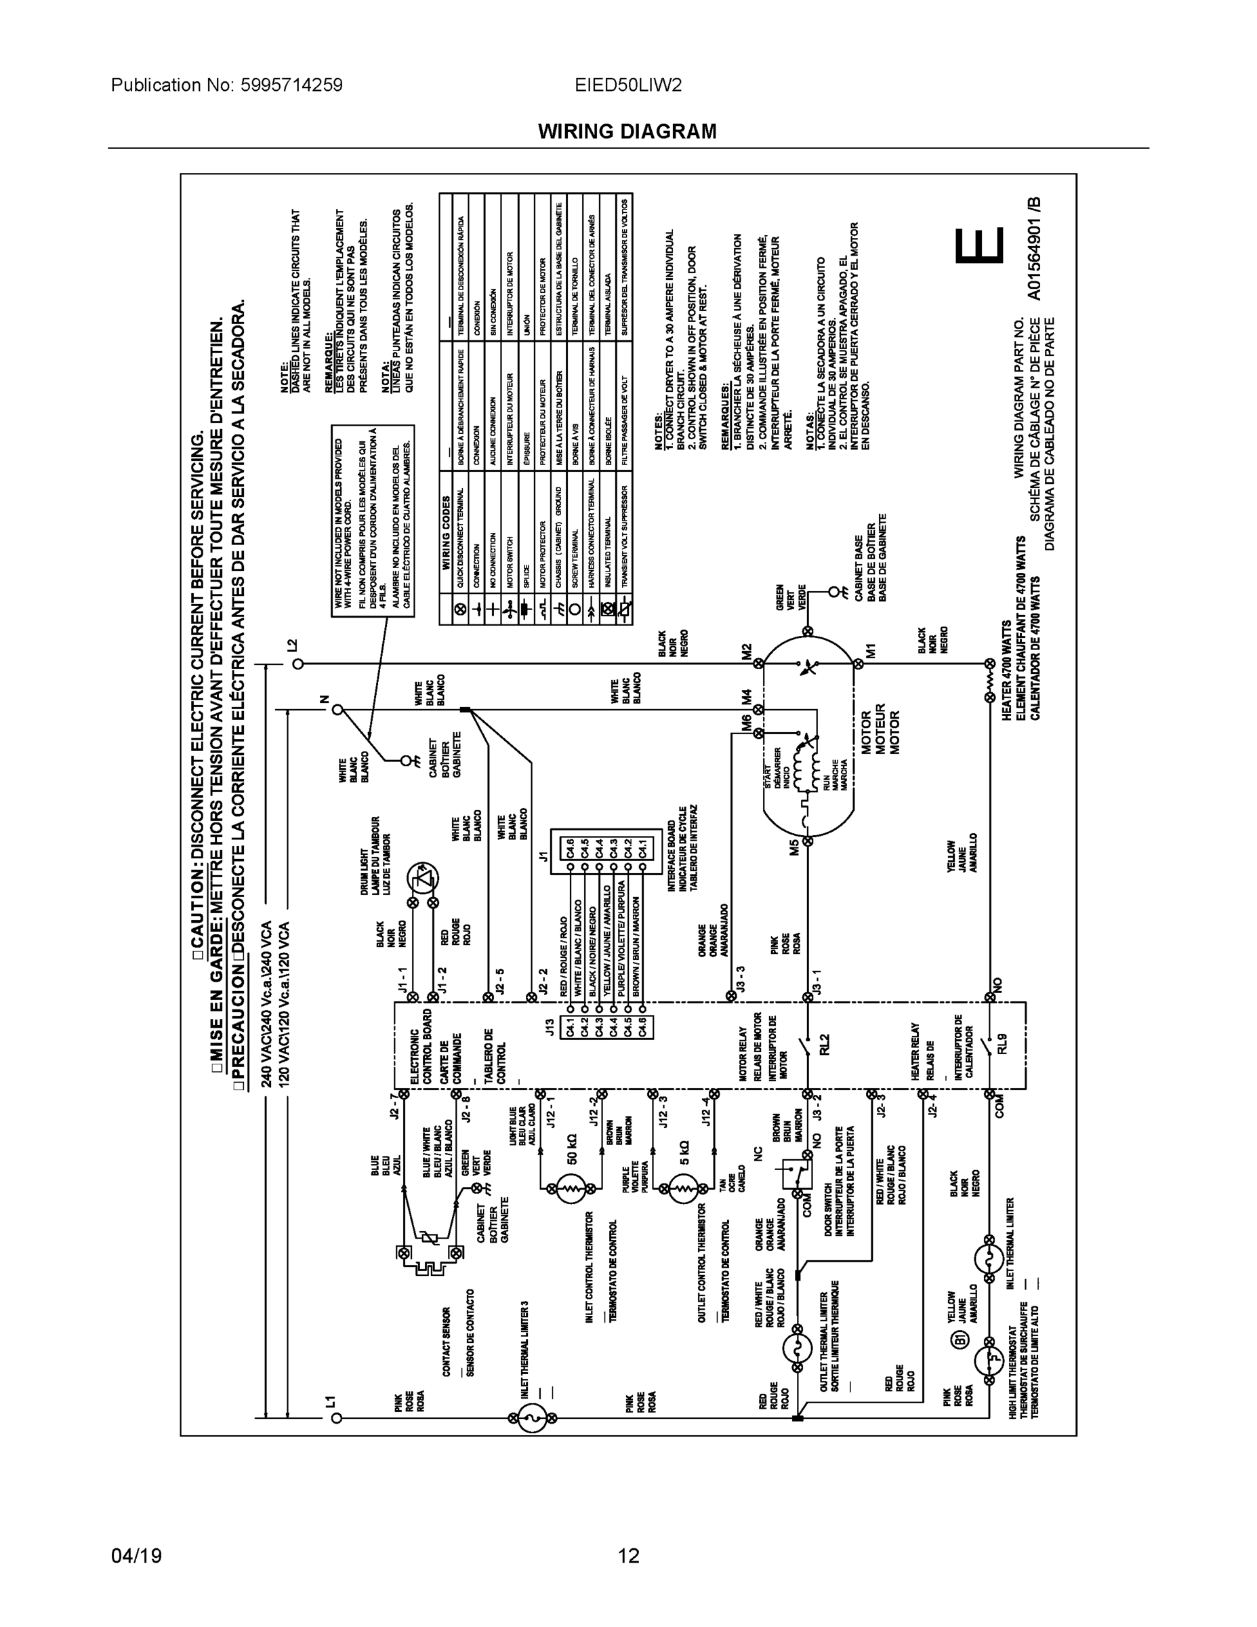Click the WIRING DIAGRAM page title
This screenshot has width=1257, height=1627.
tap(627, 132)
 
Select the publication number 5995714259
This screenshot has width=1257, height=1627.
tap(291, 85)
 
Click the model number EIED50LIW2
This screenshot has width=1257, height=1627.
tap(627, 85)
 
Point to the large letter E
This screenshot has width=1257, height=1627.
tap(980, 247)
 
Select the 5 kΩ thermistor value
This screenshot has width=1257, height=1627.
tap(684, 1152)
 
